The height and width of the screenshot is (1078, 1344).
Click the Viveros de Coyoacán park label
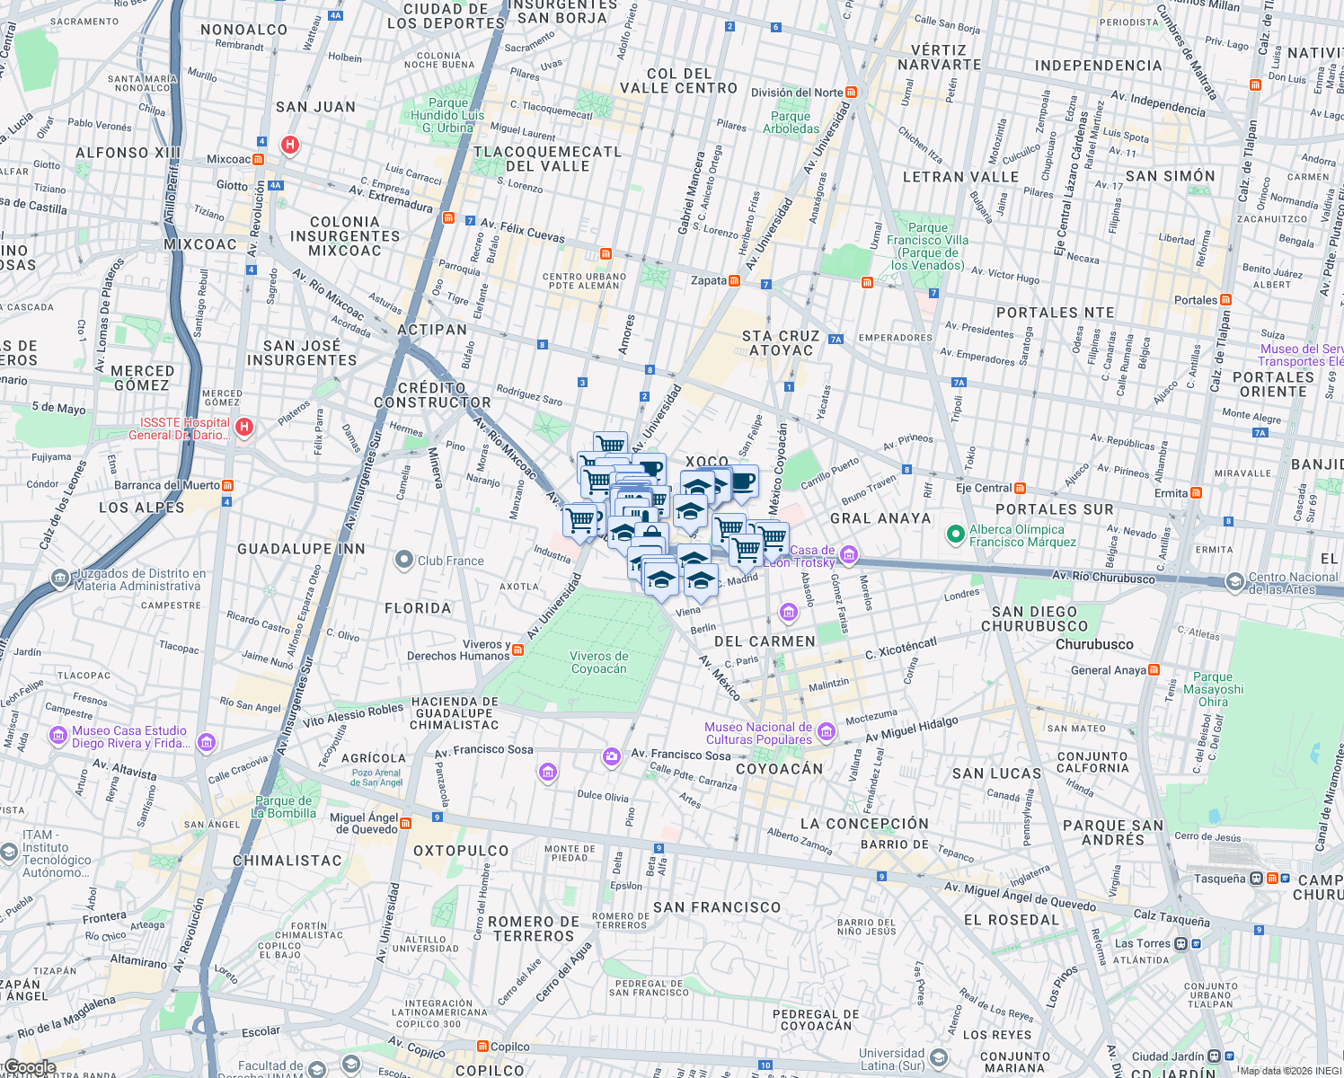click(x=599, y=662)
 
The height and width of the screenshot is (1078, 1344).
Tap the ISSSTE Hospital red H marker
click(x=244, y=428)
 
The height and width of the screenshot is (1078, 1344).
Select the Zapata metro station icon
click(x=735, y=280)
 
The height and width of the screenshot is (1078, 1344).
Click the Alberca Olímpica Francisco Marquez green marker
click(x=956, y=535)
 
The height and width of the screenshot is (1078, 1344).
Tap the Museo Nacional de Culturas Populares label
click(x=758, y=733)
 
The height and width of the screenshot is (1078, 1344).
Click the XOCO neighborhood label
click(x=707, y=461)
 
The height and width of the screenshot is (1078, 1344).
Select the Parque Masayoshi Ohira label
click(x=1213, y=689)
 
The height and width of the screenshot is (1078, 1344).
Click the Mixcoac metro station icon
click(x=259, y=159)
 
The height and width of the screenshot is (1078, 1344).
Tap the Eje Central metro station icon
click(x=1020, y=488)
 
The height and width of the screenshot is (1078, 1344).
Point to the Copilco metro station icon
click(x=483, y=1047)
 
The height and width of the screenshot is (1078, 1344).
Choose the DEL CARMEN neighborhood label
click(x=765, y=641)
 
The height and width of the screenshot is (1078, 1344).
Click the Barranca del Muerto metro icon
click(x=227, y=485)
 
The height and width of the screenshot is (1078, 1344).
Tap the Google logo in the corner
click(x=30, y=1067)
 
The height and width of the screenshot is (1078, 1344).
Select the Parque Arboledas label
click(x=791, y=122)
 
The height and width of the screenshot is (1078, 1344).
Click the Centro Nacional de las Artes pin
click(x=1235, y=582)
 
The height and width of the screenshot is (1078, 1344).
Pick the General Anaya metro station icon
click(x=1154, y=669)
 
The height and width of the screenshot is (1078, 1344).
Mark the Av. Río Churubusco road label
click(x=1103, y=577)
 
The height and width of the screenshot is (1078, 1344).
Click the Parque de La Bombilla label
click(x=285, y=807)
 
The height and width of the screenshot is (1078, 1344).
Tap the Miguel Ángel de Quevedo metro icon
click(x=406, y=823)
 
